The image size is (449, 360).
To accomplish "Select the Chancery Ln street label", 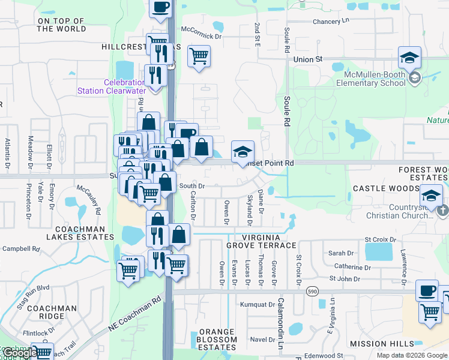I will (x=331, y=22).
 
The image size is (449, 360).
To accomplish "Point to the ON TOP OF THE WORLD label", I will (x=61, y=25).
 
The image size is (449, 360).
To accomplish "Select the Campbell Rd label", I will (x=20, y=248).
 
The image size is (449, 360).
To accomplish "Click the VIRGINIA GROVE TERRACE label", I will (x=261, y=241).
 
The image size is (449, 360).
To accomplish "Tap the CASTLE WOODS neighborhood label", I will (x=385, y=188).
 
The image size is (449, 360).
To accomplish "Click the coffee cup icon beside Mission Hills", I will (x=427, y=290).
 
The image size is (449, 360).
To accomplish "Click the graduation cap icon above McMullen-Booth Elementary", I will (x=409, y=57).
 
